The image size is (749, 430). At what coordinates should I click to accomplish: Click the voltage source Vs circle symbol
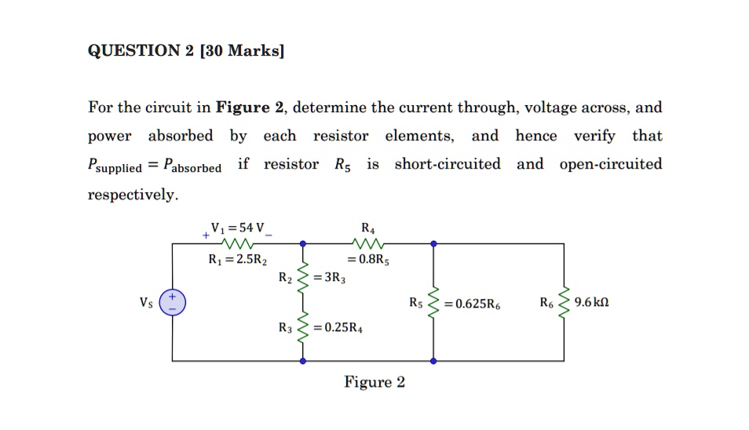click(173, 302)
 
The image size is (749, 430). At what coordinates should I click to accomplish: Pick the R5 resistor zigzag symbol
click(433, 302)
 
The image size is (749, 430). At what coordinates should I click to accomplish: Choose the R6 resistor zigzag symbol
click(563, 302)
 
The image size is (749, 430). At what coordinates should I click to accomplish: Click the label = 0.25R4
click(337, 328)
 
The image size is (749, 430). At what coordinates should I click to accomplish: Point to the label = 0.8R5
click(368, 261)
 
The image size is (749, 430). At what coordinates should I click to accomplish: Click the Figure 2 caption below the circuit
click(374, 383)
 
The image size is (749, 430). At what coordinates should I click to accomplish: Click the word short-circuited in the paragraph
click(447, 164)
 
